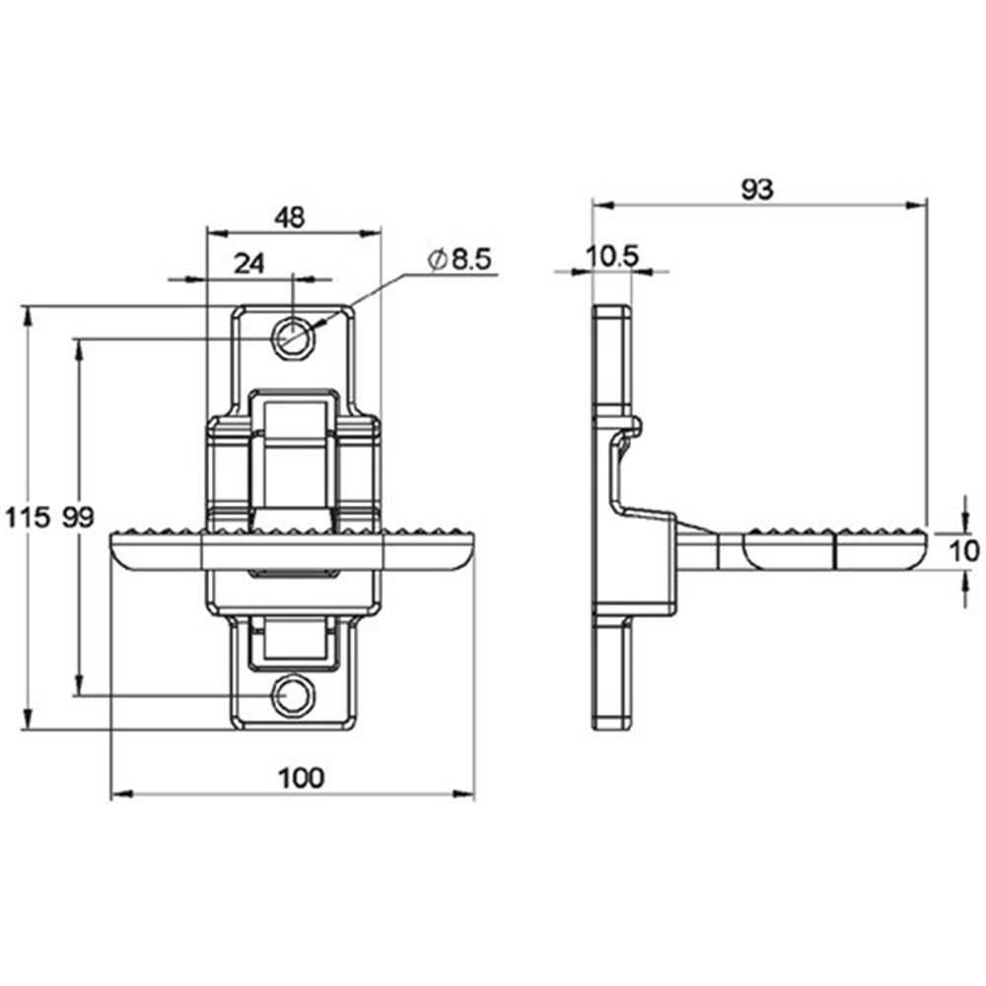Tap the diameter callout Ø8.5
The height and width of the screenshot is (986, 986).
click(459, 259)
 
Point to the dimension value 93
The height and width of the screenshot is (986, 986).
click(757, 189)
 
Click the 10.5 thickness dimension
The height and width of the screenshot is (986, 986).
click(612, 255)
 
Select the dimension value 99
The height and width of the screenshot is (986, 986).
click(78, 517)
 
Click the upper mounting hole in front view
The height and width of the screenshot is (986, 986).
click(293, 334)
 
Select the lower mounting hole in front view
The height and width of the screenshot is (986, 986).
click(292, 695)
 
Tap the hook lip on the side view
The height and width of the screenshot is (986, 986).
click(633, 426)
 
